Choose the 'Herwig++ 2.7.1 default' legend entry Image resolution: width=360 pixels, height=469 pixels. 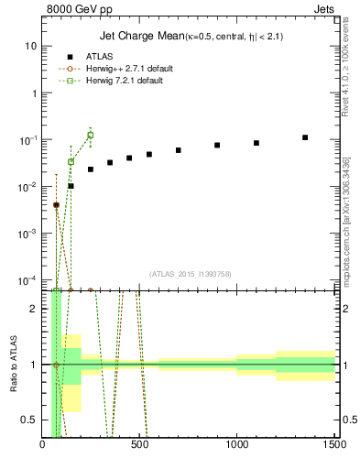click(x=121, y=69)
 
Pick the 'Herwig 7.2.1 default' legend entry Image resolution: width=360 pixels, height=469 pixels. click(x=119, y=81)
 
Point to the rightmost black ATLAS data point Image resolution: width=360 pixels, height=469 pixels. click(x=305, y=137)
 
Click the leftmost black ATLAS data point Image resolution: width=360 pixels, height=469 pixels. click(x=56, y=205)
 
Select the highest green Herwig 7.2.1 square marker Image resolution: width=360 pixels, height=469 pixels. click(x=90, y=136)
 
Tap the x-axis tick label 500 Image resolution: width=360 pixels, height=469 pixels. click(x=140, y=446)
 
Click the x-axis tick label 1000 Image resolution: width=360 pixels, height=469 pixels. click(x=237, y=446)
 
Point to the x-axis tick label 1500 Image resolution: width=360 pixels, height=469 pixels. click(x=334, y=446)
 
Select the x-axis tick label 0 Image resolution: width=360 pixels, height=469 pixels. click(x=43, y=446)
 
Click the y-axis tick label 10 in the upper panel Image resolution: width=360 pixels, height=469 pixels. click(x=30, y=46)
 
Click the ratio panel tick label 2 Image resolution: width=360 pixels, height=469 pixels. click(x=33, y=309)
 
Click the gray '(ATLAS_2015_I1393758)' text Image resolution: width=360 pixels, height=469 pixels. click(x=191, y=273)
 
